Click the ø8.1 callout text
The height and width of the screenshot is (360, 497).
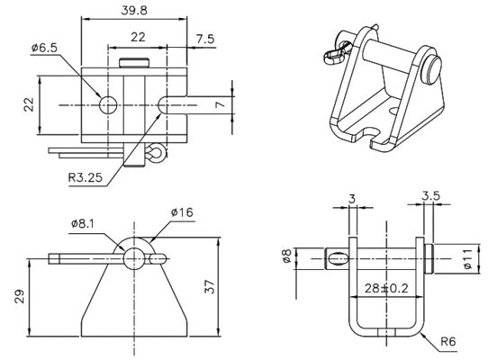[x=86, y=223]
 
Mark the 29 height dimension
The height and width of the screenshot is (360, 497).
[x=20, y=297]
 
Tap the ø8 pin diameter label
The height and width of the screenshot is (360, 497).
[x=285, y=258]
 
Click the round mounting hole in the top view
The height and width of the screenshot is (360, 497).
[x=108, y=104]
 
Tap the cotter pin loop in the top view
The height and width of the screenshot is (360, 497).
[x=157, y=155]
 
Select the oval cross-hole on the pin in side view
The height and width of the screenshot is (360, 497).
[x=337, y=258]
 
